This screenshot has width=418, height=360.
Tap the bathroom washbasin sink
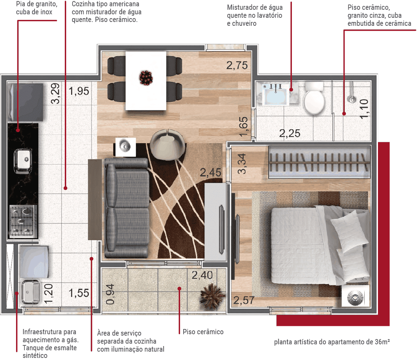pyautogui.click(x=276, y=94)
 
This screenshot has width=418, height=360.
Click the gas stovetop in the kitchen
pyautogui.click(x=23, y=221)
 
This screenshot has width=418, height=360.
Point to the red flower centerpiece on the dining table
pyautogui.click(x=146, y=78)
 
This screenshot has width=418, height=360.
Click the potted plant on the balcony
pyautogui.click(x=212, y=296)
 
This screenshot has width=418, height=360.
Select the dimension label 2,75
pyautogui.click(x=237, y=66)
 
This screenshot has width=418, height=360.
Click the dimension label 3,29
pyautogui.click(x=55, y=93)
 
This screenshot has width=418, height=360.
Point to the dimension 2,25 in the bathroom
pyautogui.click(x=289, y=133)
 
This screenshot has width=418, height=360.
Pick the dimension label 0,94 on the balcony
pyautogui.click(x=110, y=294)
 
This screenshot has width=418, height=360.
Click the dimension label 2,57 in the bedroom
pyautogui.click(x=244, y=300)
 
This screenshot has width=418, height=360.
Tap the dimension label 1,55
pyautogui.click(x=79, y=293)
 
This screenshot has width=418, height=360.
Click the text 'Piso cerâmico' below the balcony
pyautogui.click(x=203, y=332)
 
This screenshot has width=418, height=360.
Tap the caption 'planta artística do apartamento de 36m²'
pyautogui.click(x=332, y=342)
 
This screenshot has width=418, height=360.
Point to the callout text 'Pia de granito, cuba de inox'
pyautogui.click(x=37, y=8)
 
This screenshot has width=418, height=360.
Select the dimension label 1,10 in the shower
pyautogui.click(x=364, y=109)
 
